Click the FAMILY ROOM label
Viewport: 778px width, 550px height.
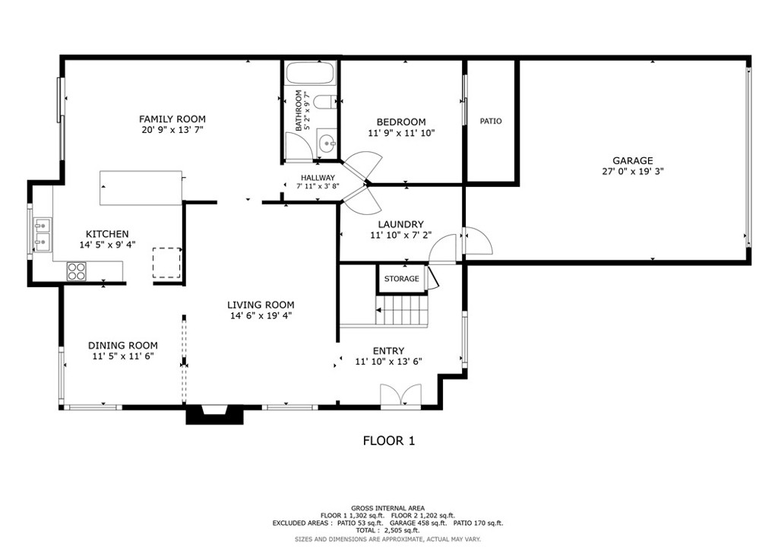pyautogui.click(x=172, y=119)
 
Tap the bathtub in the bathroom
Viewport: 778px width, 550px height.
pyautogui.click(x=310, y=74)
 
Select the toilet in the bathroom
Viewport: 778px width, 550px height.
pyautogui.click(x=324, y=103)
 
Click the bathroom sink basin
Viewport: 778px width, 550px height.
pyautogui.click(x=327, y=142)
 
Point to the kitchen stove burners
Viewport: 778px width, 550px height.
pyautogui.click(x=76, y=271)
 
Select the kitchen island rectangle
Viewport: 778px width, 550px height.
pyautogui.click(x=141, y=188)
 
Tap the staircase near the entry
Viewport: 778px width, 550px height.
pyautogui.click(x=403, y=310)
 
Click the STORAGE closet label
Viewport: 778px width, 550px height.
pyautogui.click(x=401, y=279)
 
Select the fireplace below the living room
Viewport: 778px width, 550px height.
pyautogui.click(x=215, y=414)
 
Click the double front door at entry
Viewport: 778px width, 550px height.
pyautogui.click(x=400, y=397)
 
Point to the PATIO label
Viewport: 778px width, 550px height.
pyautogui.click(x=491, y=122)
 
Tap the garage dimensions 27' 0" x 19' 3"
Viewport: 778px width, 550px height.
pyautogui.click(x=633, y=172)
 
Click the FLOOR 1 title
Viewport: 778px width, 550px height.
pyautogui.click(x=388, y=441)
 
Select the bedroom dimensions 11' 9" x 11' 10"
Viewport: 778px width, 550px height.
pyautogui.click(x=401, y=133)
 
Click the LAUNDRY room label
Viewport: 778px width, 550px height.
pyautogui.click(x=400, y=224)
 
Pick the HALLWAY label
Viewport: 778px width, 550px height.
pyautogui.click(x=317, y=178)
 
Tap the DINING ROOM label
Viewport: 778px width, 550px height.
pyautogui.click(x=122, y=345)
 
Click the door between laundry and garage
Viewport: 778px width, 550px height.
pyautogui.click(x=477, y=242)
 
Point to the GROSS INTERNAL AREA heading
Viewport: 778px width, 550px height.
pyautogui.click(x=387, y=508)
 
